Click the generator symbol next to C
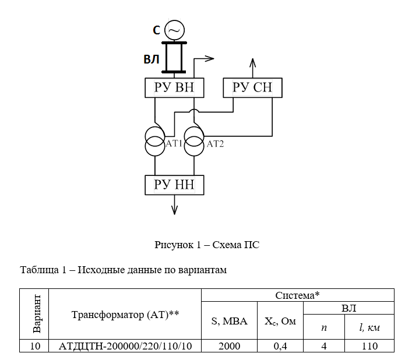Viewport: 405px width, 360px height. pos(174,30)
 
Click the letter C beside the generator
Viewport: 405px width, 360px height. pos(157,30)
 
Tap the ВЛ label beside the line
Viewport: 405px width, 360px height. pos(152,59)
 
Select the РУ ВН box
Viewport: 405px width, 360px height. pos(174,88)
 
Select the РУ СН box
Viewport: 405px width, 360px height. pos(252,88)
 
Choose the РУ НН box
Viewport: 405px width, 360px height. pos(174,185)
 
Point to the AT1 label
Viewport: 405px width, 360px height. pos(175,143)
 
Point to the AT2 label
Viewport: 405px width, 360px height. pos(215,144)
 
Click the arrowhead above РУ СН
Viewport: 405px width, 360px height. pos(252,62)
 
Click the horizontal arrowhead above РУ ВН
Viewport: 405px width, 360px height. pos(210,58)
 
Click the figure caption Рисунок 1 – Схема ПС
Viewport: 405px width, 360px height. pos(207,245)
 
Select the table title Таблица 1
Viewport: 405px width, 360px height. pos(122,270)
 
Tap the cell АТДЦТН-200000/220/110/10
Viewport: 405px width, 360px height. pos(125,346)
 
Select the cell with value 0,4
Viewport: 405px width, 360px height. pos(281,346)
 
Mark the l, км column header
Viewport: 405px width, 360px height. pos(369,328)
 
